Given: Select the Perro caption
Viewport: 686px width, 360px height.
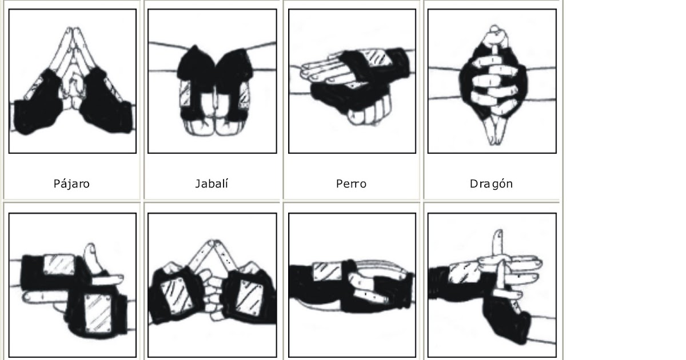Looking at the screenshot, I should pos(352,184).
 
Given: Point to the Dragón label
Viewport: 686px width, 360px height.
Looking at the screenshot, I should pos(491,184).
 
